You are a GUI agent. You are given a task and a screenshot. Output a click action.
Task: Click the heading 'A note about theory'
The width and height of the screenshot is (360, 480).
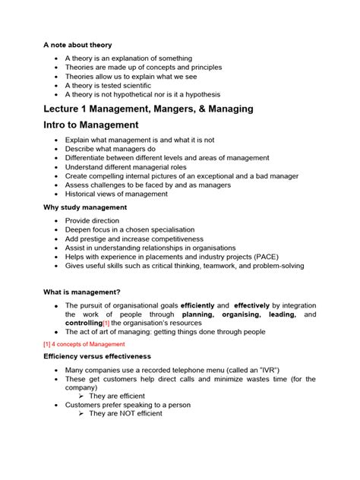coord(77,44)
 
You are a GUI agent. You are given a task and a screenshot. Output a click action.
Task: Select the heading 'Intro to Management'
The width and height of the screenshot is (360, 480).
coord(90,125)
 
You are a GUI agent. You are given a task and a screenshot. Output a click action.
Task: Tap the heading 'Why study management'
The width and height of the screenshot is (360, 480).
coord(85,207)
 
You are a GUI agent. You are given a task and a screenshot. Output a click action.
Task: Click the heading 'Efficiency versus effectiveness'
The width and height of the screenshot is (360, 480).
coord(97,356)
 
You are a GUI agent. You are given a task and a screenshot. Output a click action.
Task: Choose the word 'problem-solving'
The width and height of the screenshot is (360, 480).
coord(278,265)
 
